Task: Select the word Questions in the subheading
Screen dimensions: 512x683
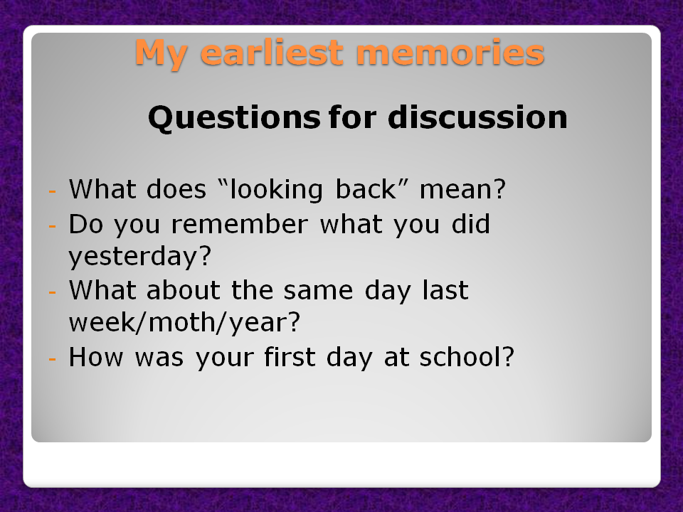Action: pyautogui.click(x=233, y=118)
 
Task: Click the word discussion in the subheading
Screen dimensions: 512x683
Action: pyautogui.click(x=477, y=118)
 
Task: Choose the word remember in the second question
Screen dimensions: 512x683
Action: pyautogui.click(x=239, y=225)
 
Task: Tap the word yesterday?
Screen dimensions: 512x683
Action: pyautogui.click(x=140, y=257)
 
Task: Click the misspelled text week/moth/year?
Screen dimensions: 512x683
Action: pyautogui.click(x=184, y=323)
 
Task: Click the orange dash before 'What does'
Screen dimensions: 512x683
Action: pyautogui.click(x=51, y=192)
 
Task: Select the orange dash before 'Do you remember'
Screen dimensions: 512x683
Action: pyautogui.click(x=51, y=226)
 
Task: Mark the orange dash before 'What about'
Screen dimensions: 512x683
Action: pyautogui.click(x=51, y=292)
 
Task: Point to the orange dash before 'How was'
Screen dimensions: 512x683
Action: pyautogui.click(x=51, y=358)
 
